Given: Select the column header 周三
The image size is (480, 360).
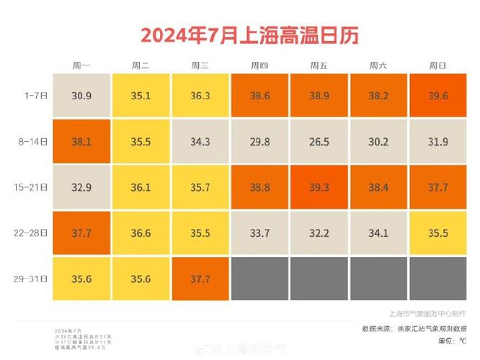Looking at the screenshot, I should (200, 66).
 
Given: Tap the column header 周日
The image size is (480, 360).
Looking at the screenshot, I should (437, 66).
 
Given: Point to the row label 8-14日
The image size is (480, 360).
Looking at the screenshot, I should (32, 141).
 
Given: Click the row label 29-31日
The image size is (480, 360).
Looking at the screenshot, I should (32, 278).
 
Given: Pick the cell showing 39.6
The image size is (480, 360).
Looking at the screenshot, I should (437, 95).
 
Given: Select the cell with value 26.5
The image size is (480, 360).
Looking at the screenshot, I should (318, 141).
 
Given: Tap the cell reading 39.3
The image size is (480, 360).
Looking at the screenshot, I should (318, 187).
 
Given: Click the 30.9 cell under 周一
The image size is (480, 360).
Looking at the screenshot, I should (81, 95).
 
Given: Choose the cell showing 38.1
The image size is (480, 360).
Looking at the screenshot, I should (81, 141).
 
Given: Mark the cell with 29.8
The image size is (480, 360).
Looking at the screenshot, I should (259, 141).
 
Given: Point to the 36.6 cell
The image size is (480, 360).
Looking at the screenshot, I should (141, 233).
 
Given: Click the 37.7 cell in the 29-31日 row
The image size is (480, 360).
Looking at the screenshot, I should (200, 278).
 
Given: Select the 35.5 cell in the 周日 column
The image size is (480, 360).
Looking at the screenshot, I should (437, 233).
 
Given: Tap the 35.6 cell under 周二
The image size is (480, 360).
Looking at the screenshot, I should (141, 278).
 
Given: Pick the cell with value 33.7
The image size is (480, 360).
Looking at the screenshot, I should (259, 233).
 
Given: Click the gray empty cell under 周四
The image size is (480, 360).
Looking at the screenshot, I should (259, 278).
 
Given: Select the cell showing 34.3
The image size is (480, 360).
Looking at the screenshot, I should (200, 141).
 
